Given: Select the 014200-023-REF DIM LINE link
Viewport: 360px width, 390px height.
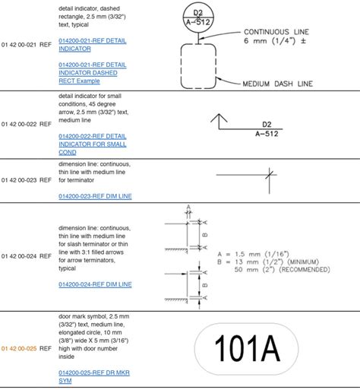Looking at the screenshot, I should point(95,195).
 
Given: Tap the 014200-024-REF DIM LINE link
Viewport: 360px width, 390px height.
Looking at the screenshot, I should point(95,284).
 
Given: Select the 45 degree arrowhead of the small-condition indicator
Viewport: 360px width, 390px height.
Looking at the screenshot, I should point(219,117).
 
